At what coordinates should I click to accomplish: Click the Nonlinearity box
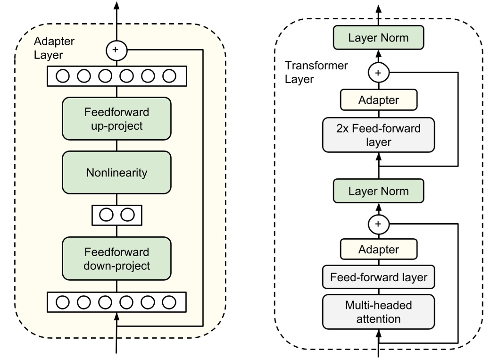(116, 172)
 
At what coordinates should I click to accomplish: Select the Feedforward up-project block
(116, 118)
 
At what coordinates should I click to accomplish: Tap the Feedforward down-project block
(116, 259)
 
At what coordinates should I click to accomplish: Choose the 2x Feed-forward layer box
(378, 135)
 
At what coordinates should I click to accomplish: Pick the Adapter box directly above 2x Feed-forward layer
(378, 100)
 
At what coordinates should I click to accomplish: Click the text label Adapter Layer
(50, 48)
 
